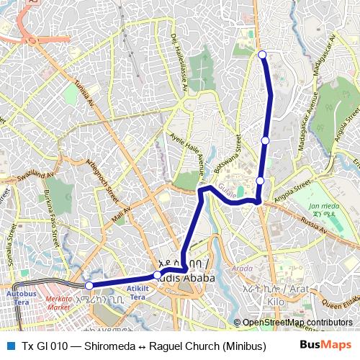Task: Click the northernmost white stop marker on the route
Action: (262, 55)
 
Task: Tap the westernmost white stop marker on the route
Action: (89, 286)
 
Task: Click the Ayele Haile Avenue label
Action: (188, 145)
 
